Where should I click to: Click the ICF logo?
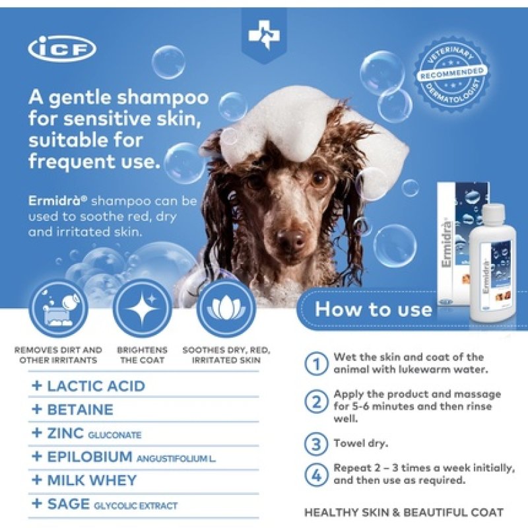63,49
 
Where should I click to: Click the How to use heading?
373,309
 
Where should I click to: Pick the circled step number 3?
316,443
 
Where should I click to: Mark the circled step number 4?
316,474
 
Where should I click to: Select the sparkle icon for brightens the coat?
143,308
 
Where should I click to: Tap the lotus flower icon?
226,308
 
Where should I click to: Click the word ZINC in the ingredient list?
65,434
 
